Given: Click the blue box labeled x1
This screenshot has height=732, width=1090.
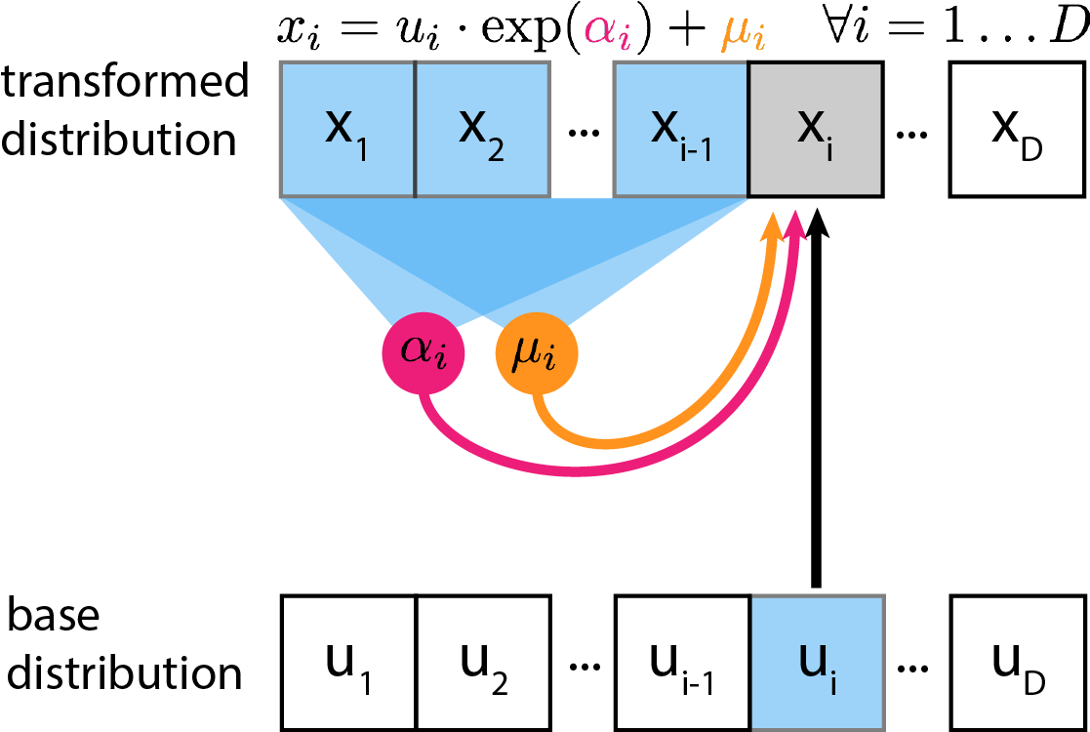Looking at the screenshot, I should (347, 130).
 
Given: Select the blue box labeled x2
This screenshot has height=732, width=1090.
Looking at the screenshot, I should (481, 130).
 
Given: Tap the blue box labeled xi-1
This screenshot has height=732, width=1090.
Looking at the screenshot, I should (681, 130).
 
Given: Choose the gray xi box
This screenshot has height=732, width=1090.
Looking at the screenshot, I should (816, 130).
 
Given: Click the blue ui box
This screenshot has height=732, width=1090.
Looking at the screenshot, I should (817, 663).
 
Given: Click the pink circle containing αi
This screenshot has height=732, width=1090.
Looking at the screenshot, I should (423, 352).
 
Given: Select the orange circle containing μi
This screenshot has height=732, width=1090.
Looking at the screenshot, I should (536, 353).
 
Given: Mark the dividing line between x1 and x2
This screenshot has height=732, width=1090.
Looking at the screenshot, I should (416, 130).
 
